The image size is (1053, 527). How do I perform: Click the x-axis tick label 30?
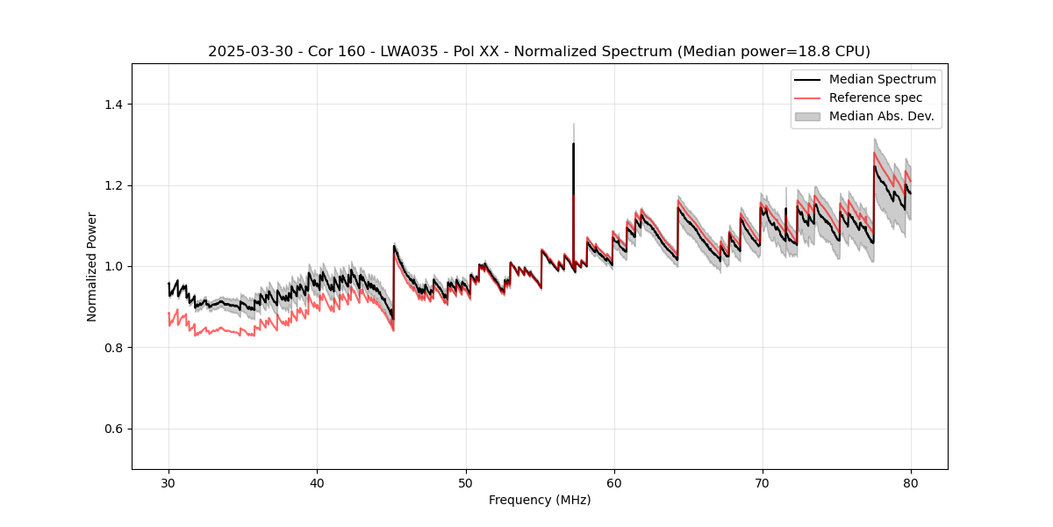(x=168, y=483)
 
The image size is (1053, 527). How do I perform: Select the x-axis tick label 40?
(x=317, y=483)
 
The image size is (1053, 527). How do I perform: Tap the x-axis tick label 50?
(x=466, y=483)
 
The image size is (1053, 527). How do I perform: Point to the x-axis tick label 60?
(x=614, y=483)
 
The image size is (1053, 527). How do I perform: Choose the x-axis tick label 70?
(x=763, y=483)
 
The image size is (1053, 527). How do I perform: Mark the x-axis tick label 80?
(x=911, y=483)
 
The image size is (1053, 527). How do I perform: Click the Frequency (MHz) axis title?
(x=540, y=500)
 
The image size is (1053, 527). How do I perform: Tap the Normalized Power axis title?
(x=91, y=266)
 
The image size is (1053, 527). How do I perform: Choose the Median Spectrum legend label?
(x=882, y=79)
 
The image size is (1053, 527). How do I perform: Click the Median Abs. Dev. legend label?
(x=881, y=116)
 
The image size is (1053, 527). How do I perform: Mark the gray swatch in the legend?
(x=807, y=116)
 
